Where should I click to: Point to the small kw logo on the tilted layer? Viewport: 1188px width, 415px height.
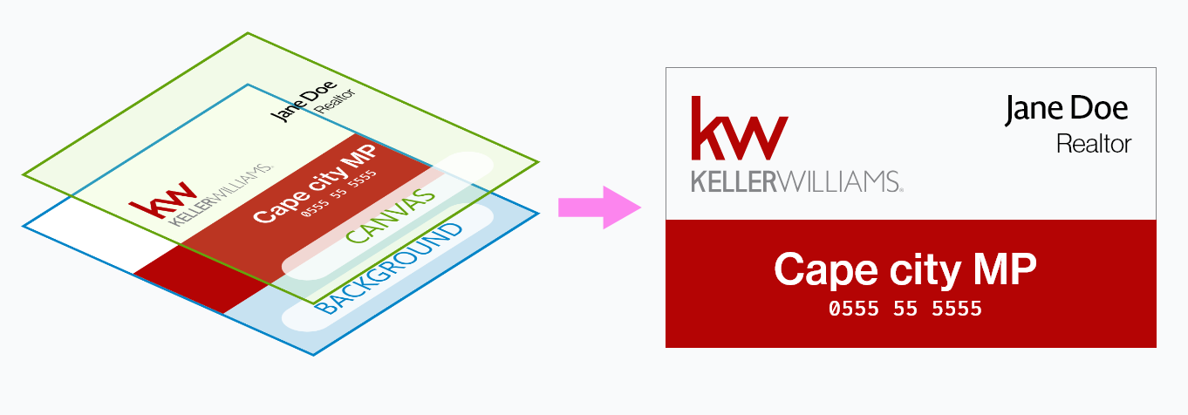pos(162,201)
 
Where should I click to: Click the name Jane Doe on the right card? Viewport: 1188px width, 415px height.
pos(1066,109)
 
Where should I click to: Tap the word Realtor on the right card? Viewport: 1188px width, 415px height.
pos(1093,143)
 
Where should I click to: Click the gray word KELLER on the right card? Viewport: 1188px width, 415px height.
pos(731,181)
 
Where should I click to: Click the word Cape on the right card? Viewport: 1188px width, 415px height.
pos(825,270)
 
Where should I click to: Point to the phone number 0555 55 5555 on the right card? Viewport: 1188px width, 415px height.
pos(905,309)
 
